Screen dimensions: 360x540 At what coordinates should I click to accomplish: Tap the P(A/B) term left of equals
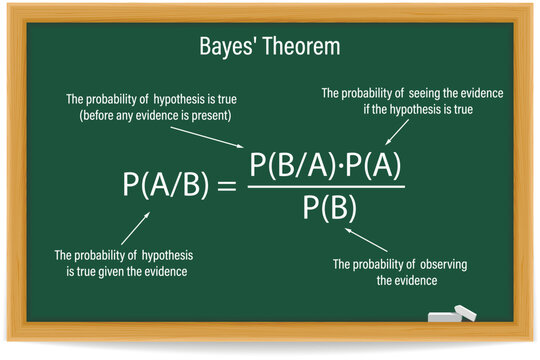pos(166,184)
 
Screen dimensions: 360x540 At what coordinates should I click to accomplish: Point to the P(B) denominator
pos(324,209)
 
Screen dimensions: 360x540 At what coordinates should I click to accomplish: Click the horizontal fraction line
pos(324,187)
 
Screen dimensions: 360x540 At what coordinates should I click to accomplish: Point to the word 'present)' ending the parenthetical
pos(212,115)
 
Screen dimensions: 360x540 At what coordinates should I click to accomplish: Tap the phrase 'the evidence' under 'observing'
pos(407,281)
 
